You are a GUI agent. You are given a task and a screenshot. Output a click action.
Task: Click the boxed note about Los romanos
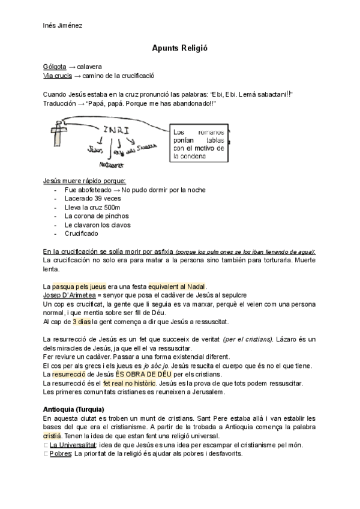coord(198,144)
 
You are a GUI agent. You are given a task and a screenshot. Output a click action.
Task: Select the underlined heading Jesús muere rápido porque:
coord(85,181)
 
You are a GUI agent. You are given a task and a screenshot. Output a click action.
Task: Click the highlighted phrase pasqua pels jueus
coord(80,286)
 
